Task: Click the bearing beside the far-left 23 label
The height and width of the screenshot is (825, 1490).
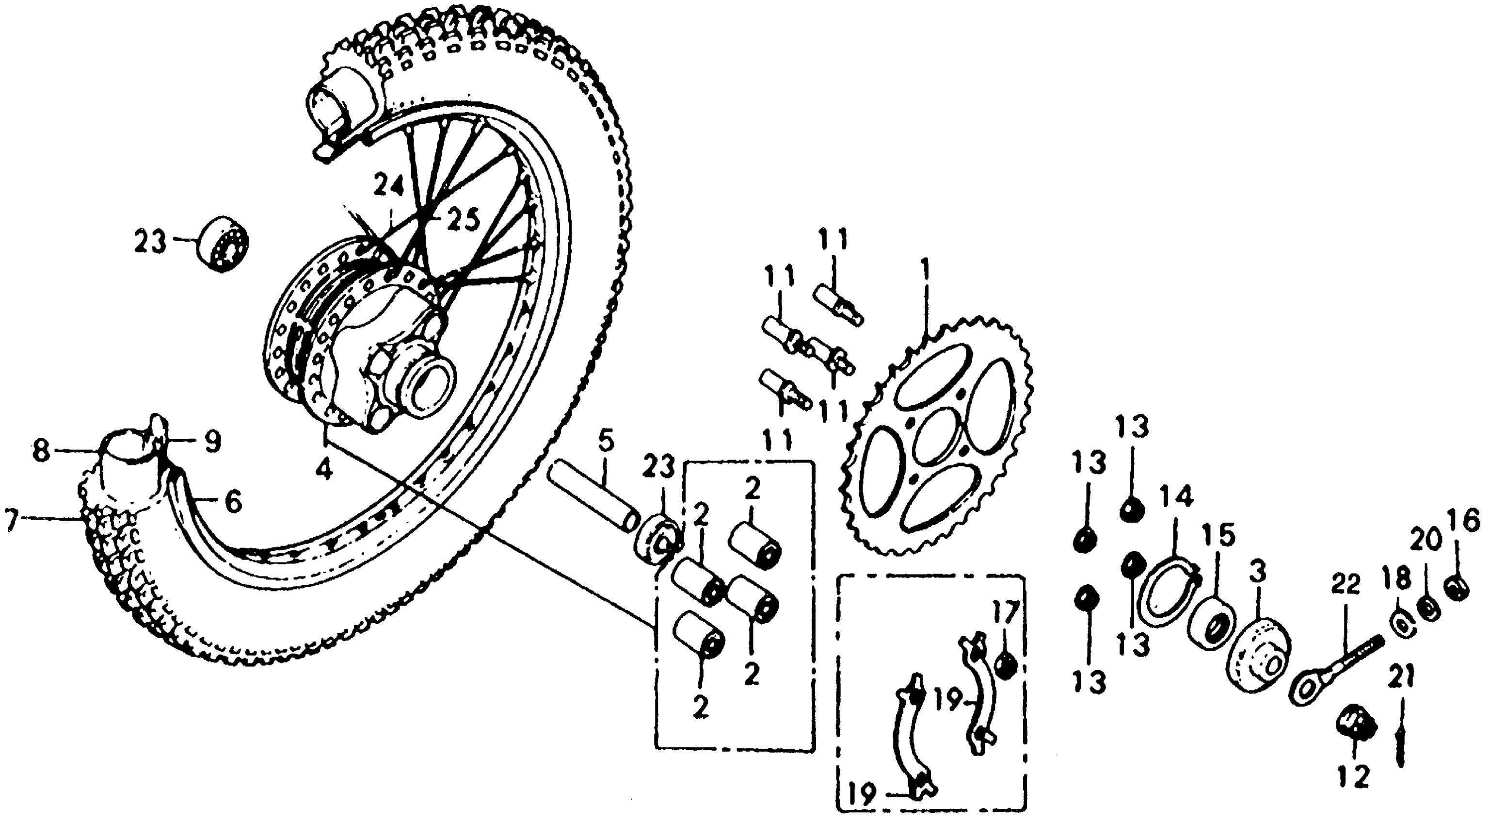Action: pyautogui.click(x=224, y=244)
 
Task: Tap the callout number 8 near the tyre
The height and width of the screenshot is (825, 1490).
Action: pyautogui.click(x=41, y=451)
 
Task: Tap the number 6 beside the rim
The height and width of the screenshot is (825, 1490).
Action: pyautogui.click(x=233, y=502)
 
